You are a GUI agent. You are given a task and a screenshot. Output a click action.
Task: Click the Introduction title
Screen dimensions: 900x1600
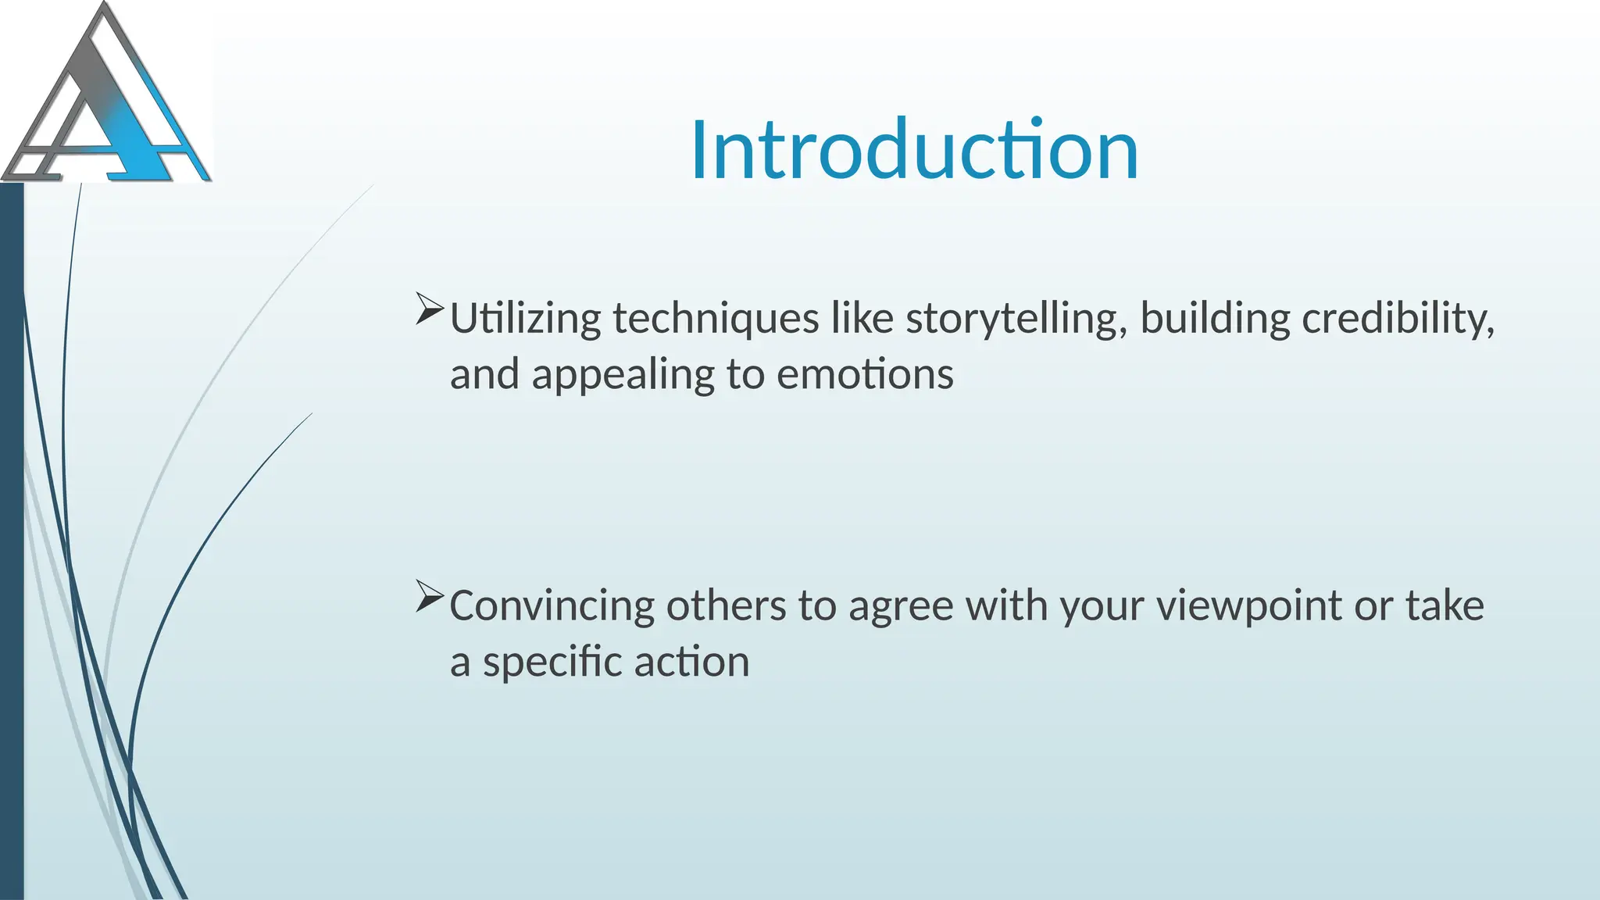pyautogui.click(x=914, y=150)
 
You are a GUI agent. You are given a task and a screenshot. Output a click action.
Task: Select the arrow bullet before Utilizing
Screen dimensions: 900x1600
pyautogui.click(x=430, y=309)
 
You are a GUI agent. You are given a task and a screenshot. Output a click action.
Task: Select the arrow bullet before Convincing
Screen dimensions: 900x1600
pyautogui.click(x=430, y=596)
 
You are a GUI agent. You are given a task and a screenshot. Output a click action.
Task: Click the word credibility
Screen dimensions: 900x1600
pyautogui.click(x=1398, y=319)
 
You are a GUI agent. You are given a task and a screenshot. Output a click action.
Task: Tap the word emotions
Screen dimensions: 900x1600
pyautogui.click(x=865, y=374)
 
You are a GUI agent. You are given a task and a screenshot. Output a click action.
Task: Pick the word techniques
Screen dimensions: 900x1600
pyautogui.click(x=716, y=319)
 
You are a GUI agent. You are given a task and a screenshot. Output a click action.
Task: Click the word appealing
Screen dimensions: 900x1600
pyautogui.click(x=623, y=375)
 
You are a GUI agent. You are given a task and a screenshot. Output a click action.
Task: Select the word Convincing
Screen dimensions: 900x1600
pyautogui.click(x=552, y=606)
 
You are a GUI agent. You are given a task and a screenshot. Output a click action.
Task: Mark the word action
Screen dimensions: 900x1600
pyautogui.click(x=691, y=662)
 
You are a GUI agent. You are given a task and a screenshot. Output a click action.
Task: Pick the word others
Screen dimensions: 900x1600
pyautogui.click(x=726, y=606)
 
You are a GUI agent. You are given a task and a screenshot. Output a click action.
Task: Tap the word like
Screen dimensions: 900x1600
pyautogui.click(x=862, y=319)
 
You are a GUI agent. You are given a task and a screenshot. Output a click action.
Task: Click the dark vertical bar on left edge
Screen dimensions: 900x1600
pyautogui.click(x=12, y=539)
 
